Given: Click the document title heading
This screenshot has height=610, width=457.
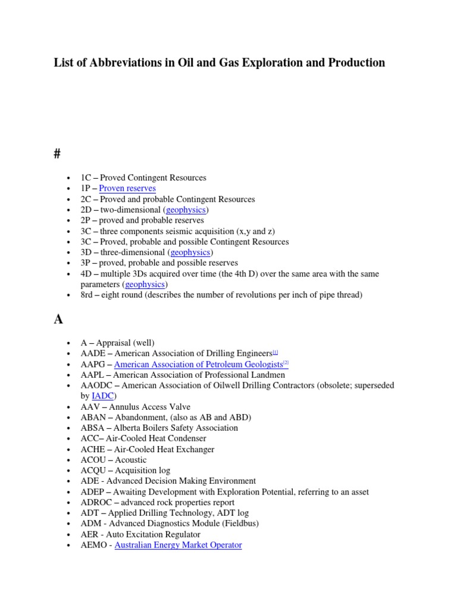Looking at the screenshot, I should [219, 63].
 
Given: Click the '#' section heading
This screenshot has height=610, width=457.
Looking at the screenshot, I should [58, 154].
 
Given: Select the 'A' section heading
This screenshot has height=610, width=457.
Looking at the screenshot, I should [58, 319].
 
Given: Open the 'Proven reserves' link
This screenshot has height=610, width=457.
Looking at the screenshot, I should [127, 188].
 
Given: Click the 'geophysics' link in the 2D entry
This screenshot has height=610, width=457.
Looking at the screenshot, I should [186, 210].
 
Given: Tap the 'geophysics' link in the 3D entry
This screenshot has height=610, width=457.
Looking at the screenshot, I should [190, 252].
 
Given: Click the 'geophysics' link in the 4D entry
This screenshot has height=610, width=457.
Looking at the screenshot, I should [145, 284].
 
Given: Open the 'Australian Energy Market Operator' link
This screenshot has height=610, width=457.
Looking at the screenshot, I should [178, 544].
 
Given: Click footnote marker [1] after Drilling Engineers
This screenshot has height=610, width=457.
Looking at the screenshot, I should [276, 352].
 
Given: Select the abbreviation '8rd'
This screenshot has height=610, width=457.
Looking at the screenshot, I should [88, 295].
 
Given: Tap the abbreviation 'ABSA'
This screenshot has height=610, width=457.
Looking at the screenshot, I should [92, 428].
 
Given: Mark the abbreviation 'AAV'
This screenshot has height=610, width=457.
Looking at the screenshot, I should [90, 406].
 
